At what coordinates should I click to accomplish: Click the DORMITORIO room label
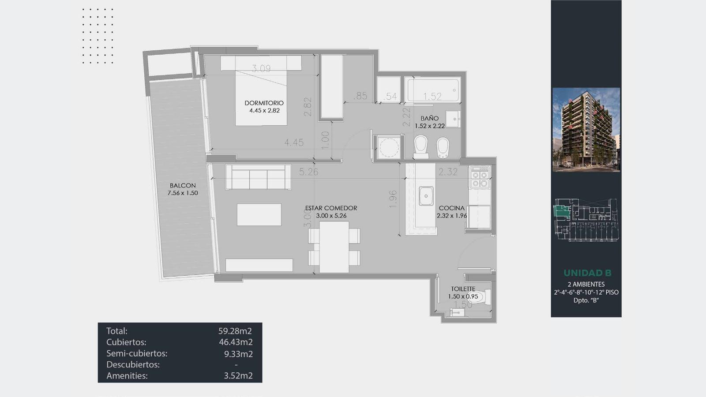(264, 103)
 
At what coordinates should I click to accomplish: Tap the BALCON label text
(183, 186)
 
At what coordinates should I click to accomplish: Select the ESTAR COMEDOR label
(331, 208)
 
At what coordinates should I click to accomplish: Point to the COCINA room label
(452, 208)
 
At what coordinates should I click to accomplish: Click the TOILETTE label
(463, 289)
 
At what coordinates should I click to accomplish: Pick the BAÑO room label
(430, 119)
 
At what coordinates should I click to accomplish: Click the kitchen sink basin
(426, 196)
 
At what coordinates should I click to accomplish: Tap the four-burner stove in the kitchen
(480, 178)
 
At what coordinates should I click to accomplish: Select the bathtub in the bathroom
(433, 90)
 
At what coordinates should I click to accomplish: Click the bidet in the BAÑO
(443, 147)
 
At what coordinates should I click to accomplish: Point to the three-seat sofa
(258, 177)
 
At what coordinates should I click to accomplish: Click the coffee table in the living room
(259, 214)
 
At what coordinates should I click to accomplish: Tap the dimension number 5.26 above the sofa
(308, 172)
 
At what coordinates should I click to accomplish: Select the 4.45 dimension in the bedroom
(294, 143)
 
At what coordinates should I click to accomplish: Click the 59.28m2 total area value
(235, 331)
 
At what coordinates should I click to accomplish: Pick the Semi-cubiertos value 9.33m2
(238, 354)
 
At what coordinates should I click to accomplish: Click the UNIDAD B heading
(587, 273)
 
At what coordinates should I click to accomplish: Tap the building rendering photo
(586, 130)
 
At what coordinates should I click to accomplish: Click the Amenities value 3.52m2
(238, 376)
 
